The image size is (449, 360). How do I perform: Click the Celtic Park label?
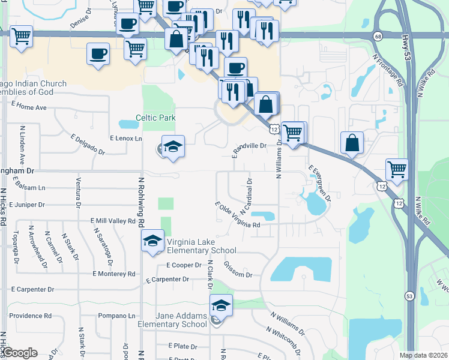(x=155, y=118)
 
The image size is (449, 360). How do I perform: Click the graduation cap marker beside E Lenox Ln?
(x=173, y=147)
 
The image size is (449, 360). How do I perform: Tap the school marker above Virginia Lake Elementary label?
(x=153, y=241)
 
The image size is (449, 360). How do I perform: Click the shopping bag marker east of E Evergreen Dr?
(x=352, y=143)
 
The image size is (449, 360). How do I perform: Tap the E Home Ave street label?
(x=29, y=107)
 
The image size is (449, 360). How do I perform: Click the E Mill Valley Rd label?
(x=113, y=221)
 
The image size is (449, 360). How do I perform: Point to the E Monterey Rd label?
(x=113, y=274)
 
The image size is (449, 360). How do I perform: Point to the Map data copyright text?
(x=423, y=355)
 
